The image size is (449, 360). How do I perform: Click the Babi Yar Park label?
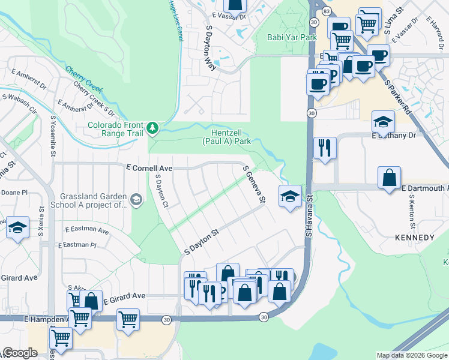click(x=291, y=37)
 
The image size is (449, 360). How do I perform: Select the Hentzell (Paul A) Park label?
click(x=231, y=137)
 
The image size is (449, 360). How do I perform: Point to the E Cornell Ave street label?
click(x=149, y=169)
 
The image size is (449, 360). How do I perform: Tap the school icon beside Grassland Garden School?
click(x=136, y=200)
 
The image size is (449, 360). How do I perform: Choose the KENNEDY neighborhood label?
click(x=414, y=238)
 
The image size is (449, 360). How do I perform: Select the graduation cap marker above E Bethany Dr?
click(x=383, y=122)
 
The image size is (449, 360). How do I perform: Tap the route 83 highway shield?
click(x=325, y=11)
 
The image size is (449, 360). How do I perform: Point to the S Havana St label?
click(x=310, y=213)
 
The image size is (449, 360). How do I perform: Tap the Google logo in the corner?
click(x=20, y=353)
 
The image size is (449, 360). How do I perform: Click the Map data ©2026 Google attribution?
click(x=411, y=355)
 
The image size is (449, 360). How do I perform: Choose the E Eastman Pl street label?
click(x=77, y=245)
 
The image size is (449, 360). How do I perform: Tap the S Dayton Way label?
click(x=211, y=48)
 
